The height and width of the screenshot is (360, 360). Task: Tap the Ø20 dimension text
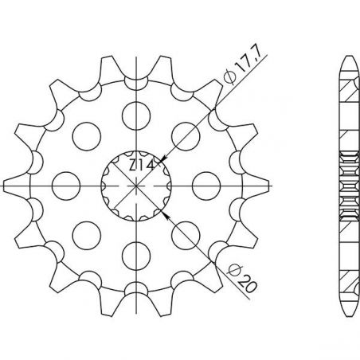coord(242,279)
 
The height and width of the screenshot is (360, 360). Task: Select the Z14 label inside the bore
coord(142,166)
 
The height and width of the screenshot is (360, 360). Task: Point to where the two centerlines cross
coord(136,186)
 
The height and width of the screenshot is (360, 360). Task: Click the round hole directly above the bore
coord(136,116)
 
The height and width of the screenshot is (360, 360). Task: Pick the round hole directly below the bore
coord(136,256)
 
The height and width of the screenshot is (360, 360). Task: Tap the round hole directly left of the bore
coord(66,186)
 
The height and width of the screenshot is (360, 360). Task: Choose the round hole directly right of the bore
coord(206,186)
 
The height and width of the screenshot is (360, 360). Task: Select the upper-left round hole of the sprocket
coord(87,136)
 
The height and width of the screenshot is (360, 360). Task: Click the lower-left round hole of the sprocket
coord(87,235)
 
